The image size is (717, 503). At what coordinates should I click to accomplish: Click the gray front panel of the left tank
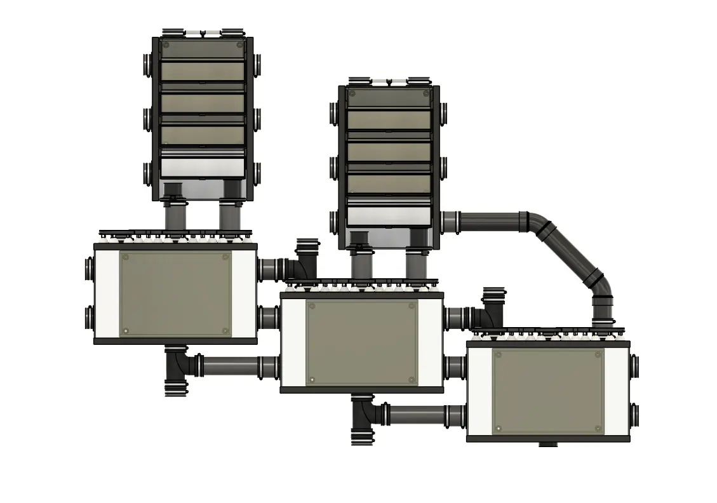[x=175, y=293]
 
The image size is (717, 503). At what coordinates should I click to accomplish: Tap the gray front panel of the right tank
[x=548, y=391]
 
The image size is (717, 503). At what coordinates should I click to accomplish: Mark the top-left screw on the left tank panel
[x=126, y=257]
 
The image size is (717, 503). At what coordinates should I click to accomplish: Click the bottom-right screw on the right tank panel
[x=598, y=428]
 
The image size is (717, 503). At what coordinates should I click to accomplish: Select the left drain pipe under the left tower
[x=173, y=216]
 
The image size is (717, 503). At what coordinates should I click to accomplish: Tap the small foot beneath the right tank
[x=547, y=445]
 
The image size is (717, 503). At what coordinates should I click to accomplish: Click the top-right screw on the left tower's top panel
[x=239, y=45]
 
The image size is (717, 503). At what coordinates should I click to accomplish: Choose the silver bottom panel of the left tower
[x=203, y=168]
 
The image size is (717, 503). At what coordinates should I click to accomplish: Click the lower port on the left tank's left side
[x=88, y=317]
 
